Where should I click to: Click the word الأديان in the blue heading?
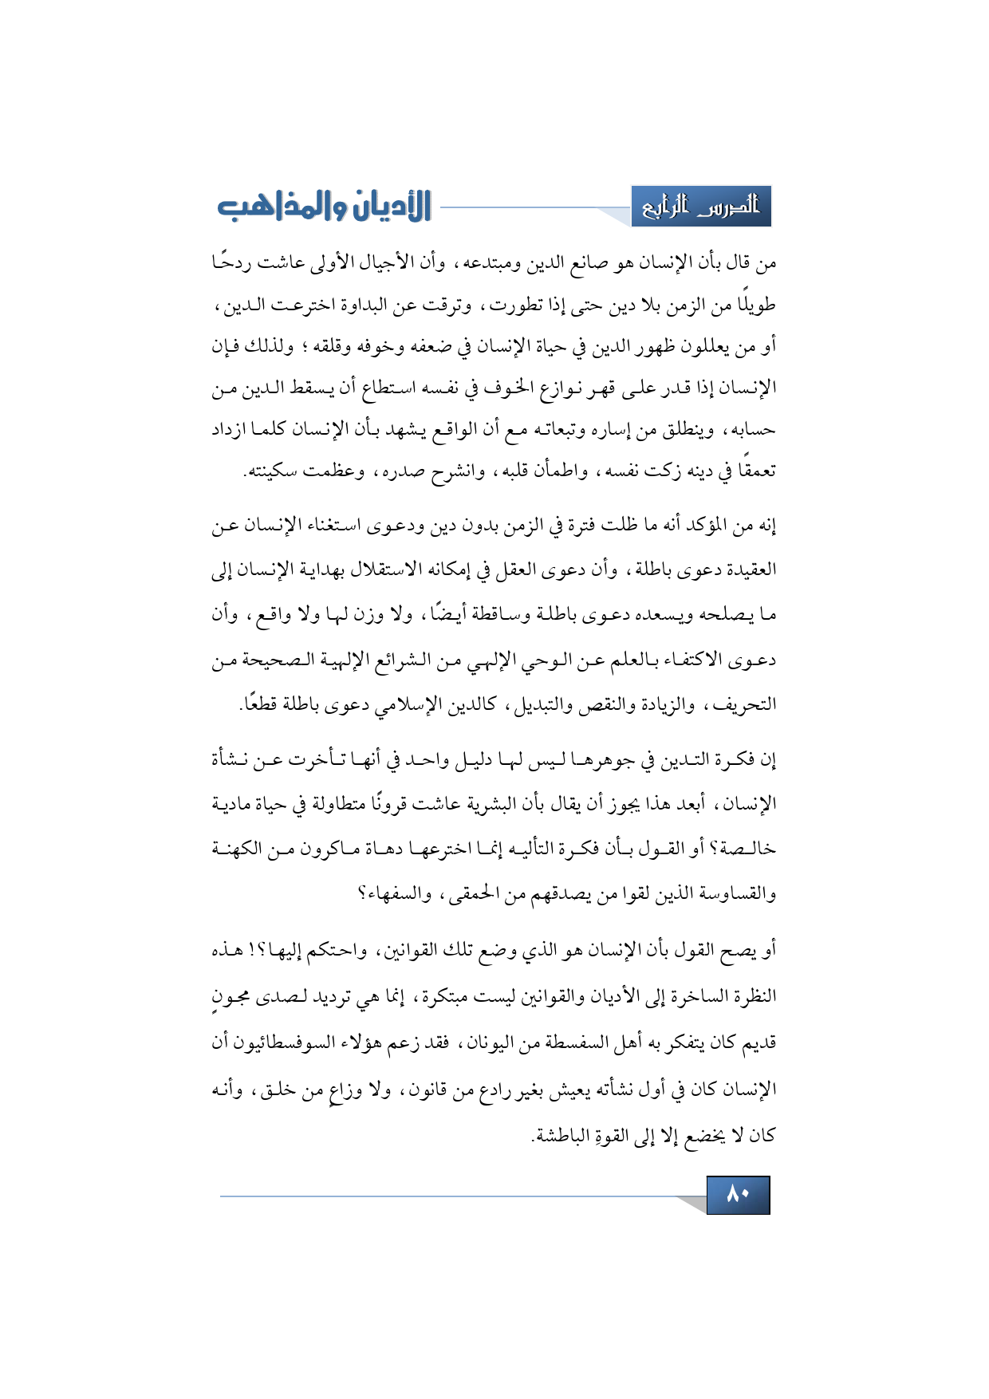[x=388, y=207]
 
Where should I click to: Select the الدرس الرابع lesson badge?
[x=701, y=207]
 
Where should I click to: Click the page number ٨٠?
[x=738, y=1195]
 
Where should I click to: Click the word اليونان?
[x=491, y=1042]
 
